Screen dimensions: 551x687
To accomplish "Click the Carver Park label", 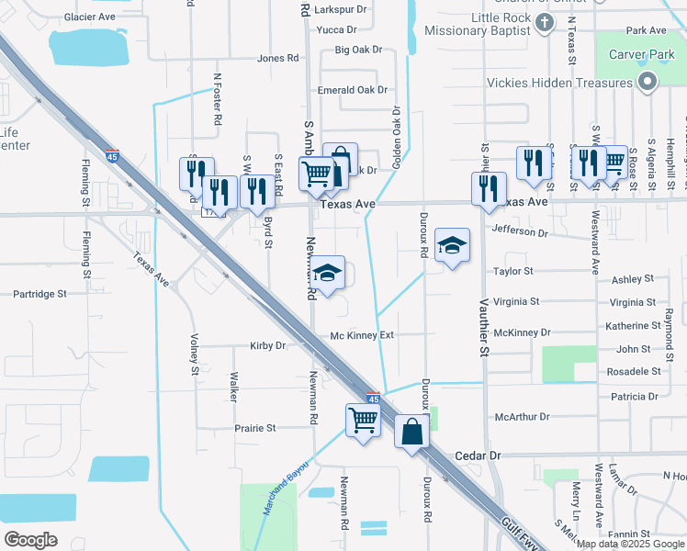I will click(640, 54).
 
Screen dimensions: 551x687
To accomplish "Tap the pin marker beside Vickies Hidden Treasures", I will click(647, 84).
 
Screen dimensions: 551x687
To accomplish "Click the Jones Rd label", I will click(278, 58).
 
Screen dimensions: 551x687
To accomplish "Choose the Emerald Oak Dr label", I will click(352, 90).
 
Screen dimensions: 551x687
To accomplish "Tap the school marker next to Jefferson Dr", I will click(452, 246).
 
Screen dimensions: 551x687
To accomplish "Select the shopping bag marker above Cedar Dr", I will click(411, 431).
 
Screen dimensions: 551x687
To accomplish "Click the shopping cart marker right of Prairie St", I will click(364, 422).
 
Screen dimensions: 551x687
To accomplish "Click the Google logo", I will click(31, 539).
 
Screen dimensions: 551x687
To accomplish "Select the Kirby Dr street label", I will click(268, 346).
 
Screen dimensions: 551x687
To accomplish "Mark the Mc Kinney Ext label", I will click(362, 335).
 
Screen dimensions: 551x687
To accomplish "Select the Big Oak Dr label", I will click(358, 50).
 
